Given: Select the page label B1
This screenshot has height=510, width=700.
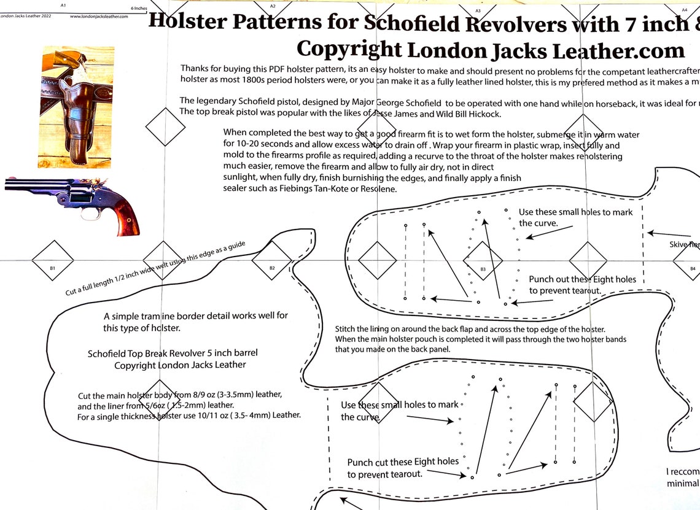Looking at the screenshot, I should point(53,268).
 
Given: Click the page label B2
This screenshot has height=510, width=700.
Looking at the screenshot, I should point(272,268).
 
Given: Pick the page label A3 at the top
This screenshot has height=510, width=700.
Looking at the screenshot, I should point(478,10).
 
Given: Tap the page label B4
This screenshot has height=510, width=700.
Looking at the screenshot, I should point(693,268).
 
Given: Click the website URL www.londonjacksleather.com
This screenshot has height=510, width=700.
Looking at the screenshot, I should point(99,17).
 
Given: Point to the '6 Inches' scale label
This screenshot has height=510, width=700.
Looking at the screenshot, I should point(139,9).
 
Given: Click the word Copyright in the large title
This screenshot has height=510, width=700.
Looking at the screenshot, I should point(349,49).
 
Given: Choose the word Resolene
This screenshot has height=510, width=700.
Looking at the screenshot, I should point(378,188).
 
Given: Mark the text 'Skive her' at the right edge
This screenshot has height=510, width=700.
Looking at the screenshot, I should point(684,244).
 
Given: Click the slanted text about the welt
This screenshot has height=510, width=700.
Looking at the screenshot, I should point(155,268).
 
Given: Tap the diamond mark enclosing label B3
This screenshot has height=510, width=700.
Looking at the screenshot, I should point(483,260).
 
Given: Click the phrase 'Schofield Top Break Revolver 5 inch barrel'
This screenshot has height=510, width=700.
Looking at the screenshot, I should point(173,354).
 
